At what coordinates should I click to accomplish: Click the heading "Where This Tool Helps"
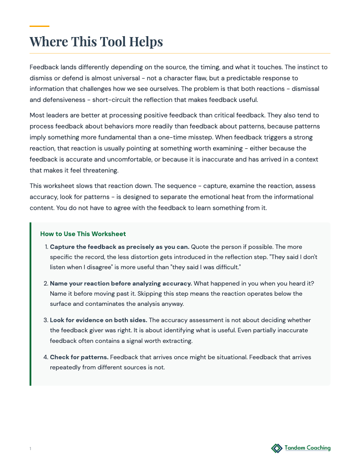tap(96, 41)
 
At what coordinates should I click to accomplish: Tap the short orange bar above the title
tap(39, 26)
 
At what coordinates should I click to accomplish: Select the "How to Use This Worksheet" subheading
tap(83, 234)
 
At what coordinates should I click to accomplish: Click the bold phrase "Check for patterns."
tap(79, 357)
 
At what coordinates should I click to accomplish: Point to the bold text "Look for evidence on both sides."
tap(98, 320)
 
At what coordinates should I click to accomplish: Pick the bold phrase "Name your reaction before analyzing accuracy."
tap(121, 283)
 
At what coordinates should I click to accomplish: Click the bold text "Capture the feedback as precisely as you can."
tap(120, 247)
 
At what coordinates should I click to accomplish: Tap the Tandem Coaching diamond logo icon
tap(277, 448)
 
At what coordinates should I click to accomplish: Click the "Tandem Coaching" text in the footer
tap(307, 448)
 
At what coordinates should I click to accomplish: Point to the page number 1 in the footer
tap(30, 449)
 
